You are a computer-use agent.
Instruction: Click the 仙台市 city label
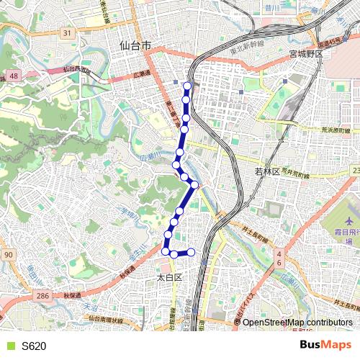coord(135,45)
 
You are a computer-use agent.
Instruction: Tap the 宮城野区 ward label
coord(308,55)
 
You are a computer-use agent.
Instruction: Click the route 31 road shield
coord(66,33)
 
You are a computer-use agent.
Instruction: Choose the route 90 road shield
coord(8,256)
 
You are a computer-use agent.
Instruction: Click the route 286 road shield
coord(43,295)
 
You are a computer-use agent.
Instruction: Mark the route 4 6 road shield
coord(279,259)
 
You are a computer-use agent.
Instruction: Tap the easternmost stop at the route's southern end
coord(192,252)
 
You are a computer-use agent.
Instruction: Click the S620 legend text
coord(34,346)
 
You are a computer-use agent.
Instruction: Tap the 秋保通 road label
coord(71,295)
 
